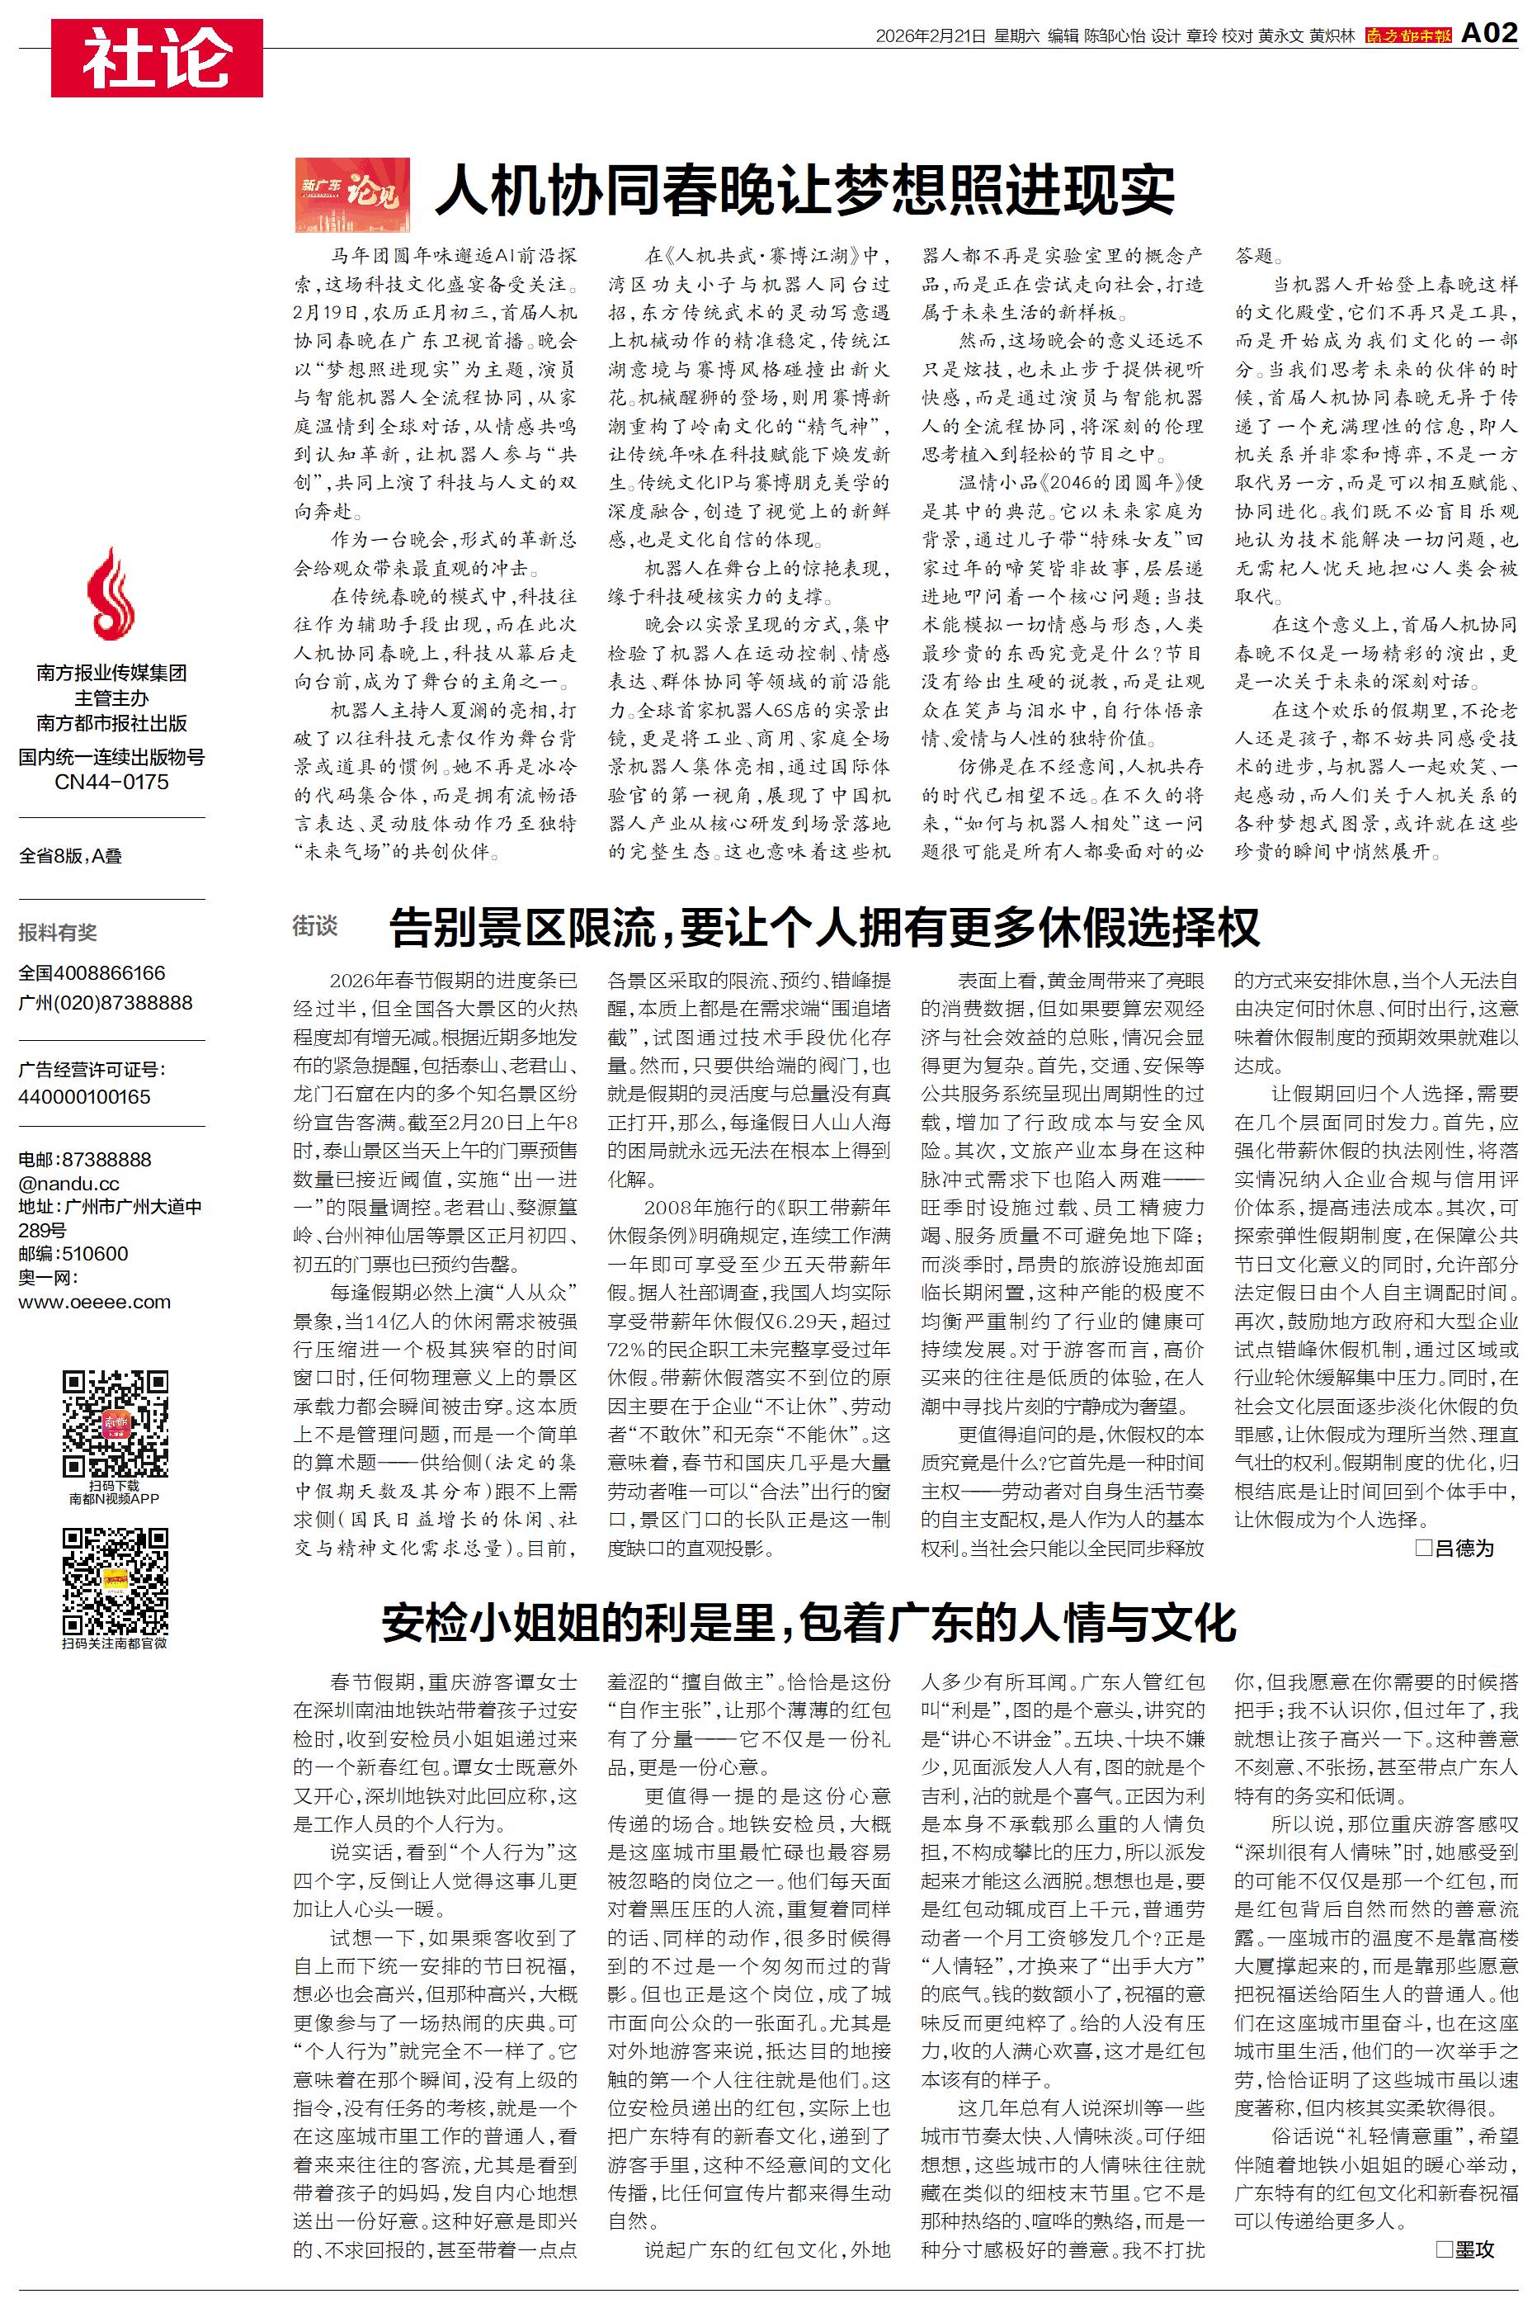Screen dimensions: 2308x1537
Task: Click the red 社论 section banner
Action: (x=157, y=58)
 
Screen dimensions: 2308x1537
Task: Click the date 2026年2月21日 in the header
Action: (x=929, y=36)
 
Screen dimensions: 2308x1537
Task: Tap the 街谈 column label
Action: (x=314, y=925)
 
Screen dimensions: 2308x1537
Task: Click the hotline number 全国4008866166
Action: (x=92, y=973)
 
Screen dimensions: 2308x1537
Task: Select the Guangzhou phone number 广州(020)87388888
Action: (x=105, y=1003)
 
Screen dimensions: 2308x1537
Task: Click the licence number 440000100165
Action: (x=84, y=1097)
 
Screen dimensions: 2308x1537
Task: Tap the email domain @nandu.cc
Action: (x=68, y=1184)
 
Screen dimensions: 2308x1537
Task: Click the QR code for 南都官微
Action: (x=115, y=1582)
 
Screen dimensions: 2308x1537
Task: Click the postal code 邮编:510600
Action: (x=73, y=1254)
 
